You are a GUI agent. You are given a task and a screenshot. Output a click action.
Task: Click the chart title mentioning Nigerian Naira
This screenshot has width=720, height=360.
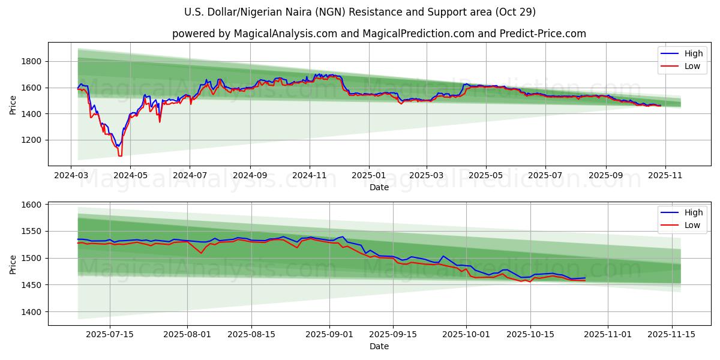[360, 12]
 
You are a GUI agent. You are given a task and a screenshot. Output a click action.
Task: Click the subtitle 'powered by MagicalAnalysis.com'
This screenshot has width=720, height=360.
[379, 34]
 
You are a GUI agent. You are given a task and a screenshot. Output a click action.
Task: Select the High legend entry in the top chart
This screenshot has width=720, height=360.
[693, 53]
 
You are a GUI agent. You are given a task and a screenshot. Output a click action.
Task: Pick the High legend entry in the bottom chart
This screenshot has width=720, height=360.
[693, 212]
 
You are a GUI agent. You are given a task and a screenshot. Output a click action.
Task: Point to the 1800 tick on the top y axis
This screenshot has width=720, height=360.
[31, 61]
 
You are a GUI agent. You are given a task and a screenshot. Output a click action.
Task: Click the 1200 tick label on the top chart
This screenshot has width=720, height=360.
[31, 140]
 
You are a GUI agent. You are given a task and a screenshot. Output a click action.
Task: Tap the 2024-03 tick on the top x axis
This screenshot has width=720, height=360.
[71, 175]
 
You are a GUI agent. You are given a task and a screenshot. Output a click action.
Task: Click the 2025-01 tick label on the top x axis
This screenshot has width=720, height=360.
[368, 175]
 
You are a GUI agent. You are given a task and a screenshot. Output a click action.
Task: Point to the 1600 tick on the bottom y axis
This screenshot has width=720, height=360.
[31, 205]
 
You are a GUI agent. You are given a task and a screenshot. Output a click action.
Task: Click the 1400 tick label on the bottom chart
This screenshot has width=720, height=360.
[31, 312]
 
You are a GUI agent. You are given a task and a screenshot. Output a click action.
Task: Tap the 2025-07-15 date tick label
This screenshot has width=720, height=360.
[110, 334]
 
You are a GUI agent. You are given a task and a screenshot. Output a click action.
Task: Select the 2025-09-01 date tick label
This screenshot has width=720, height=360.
[329, 334]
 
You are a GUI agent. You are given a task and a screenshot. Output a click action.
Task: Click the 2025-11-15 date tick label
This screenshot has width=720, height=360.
[670, 334]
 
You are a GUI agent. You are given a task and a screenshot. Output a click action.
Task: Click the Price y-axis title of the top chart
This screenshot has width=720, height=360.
[13, 104]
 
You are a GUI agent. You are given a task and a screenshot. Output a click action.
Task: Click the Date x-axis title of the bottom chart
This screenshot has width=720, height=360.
[379, 346]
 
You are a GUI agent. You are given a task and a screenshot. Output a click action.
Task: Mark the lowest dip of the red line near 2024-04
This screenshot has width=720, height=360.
[120, 156]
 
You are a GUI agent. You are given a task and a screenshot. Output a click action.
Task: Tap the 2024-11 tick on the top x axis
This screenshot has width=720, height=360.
[310, 175]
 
